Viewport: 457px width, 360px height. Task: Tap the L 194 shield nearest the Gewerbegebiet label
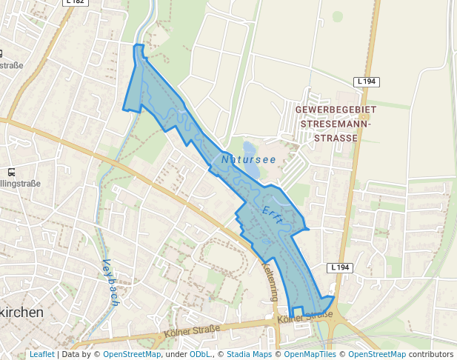click(x=367, y=81)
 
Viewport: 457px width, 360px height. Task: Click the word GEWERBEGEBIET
click(x=336, y=110)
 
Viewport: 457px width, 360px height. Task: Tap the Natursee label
click(x=248, y=159)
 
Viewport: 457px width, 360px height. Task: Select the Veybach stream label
click(x=110, y=282)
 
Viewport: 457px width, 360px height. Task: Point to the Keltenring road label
click(x=270, y=282)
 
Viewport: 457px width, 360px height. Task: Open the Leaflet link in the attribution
click(x=41, y=354)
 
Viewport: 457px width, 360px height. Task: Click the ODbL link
click(x=200, y=354)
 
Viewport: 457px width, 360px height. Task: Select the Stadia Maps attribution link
click(x=249, y=354)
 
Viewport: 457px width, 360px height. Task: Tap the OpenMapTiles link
click(x=310, y=354)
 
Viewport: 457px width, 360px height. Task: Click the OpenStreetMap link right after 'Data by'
click(x=131, y=354)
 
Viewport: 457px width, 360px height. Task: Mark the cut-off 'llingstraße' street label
click(x=20, y=183)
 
